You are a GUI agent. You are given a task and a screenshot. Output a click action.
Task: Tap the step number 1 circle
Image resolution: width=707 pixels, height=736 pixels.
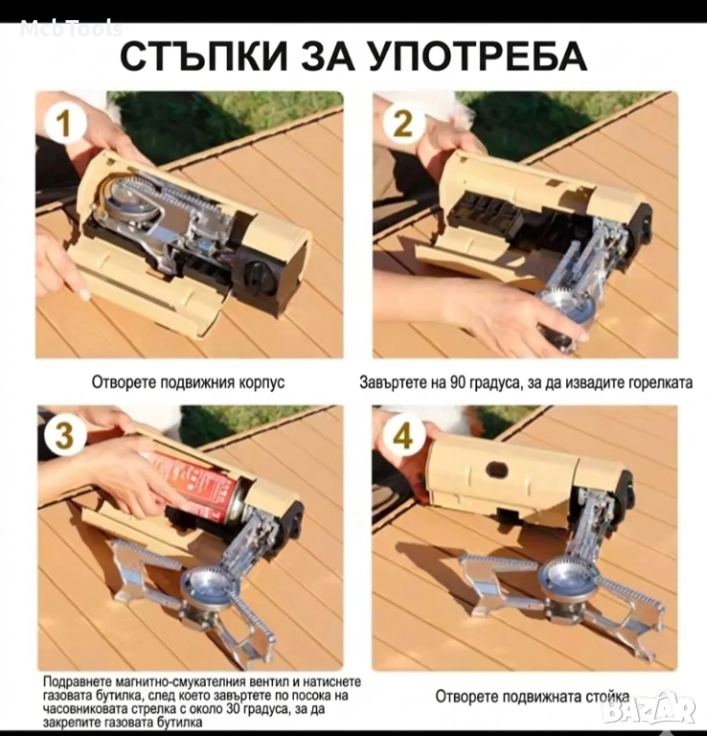(65, 125)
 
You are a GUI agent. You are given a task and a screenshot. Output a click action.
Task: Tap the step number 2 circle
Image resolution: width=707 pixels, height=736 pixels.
(403, 125)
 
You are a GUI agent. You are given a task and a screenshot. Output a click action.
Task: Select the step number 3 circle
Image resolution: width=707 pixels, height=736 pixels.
(65, 436)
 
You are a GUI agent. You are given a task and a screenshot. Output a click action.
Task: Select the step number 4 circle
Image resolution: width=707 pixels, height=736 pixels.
(403, 436)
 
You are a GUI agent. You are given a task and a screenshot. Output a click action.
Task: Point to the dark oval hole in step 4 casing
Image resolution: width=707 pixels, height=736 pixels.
(498, 469)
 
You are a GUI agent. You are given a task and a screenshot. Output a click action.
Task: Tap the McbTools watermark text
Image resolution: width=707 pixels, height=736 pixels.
(71, 29)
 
